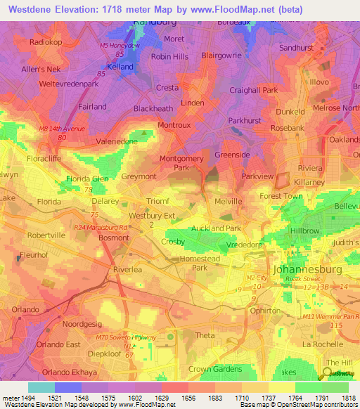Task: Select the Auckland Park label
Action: tap(216, 228)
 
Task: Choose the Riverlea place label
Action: tap(129, 268)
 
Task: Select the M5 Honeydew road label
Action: tap(124, 45)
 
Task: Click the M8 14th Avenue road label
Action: tap(62, 129)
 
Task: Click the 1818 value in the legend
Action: tap(348, 398)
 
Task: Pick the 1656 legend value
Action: tap(188, 398)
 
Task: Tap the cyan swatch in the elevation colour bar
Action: tap(41, 387)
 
